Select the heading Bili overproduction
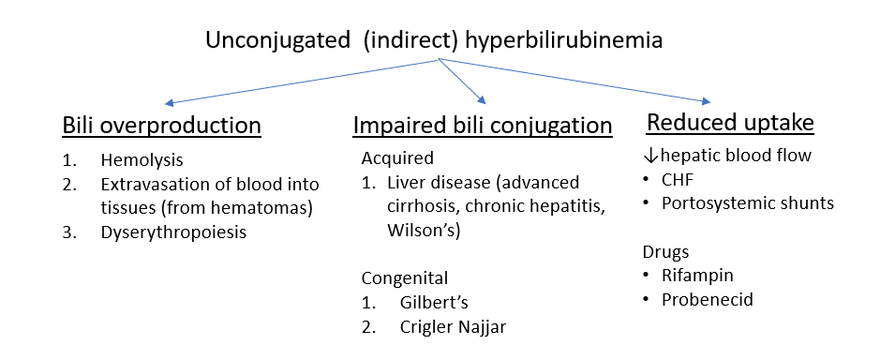pos(161,126)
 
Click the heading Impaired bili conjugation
pos(483,126)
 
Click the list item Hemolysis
pos(142,161)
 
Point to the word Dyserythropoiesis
pos(173,232)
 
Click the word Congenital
pos(405,278)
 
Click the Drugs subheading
pos(664,253)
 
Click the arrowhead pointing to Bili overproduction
pos(168,103)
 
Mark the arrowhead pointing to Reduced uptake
pos(705,101)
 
